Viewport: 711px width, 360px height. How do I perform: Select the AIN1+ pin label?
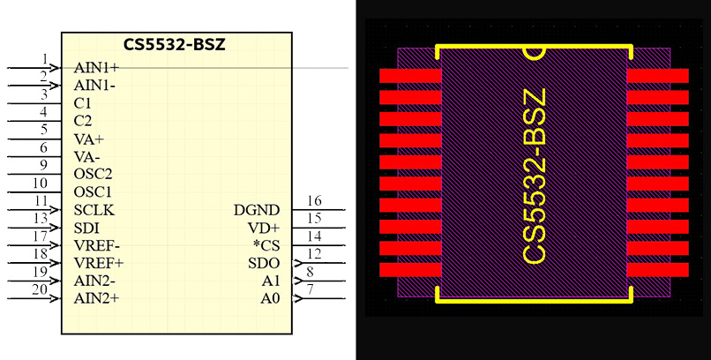[x=97, y=68]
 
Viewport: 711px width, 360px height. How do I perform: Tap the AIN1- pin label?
[x=95, y=86]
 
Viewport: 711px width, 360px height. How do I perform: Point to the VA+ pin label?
[x=89, y=139]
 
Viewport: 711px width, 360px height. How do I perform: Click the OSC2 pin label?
[x=94, y=175]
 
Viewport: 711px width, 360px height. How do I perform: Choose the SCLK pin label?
[x=94, y=210]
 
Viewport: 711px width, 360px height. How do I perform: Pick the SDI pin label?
[x=86, y=228]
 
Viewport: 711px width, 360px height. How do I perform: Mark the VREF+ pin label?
[x=99, y=263]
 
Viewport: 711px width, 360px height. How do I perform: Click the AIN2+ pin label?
[x=97, y=298]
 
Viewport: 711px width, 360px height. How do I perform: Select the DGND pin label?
[x=257, y=210]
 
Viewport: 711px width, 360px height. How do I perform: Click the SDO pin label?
[x=264, y=263]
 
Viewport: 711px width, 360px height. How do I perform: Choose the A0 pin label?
[x=270, y=298]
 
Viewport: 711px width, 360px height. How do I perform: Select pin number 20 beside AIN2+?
[x=40, y=289]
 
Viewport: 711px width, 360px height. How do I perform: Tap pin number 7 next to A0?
[x=310, y=289]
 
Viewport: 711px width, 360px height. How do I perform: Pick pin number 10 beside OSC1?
[x=40, y=183]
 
